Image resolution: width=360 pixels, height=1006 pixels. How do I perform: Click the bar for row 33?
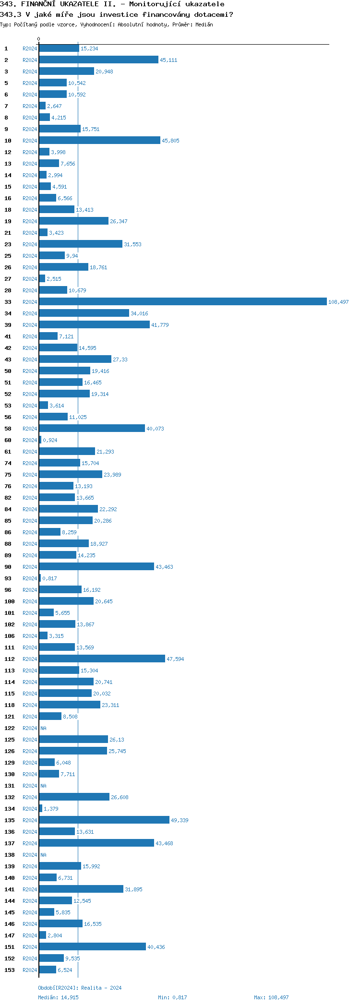[182, 302]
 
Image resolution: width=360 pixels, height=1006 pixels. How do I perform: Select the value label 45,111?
[168, 60]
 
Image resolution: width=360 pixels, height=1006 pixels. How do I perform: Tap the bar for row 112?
[102, 659]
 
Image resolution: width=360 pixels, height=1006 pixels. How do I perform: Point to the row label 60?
[8, 440]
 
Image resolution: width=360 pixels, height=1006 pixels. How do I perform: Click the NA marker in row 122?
[43, 728]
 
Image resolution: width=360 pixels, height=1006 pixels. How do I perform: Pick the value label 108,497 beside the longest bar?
[338, 302]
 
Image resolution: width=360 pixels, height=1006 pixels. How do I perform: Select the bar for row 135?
[104, 820]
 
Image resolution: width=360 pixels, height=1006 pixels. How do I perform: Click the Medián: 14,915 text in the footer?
[58, 997]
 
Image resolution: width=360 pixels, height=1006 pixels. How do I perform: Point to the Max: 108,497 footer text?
[271, 997]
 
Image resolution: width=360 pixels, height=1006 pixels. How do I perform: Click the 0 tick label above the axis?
[39, 39]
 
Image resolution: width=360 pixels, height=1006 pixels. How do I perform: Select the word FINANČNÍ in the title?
[41, 4]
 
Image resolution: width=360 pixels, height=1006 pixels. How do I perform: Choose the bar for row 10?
[99, 141]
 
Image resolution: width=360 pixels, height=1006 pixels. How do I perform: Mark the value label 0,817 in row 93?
[49, 578]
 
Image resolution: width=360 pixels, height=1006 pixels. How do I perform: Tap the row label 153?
[10, 970]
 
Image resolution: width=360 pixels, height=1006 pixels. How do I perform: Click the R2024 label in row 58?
[30, 429]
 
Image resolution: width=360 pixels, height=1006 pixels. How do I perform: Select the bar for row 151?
[92, 947]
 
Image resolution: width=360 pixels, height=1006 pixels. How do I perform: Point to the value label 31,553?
[132, 244]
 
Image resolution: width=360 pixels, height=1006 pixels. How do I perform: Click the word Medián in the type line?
[204, 24]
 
